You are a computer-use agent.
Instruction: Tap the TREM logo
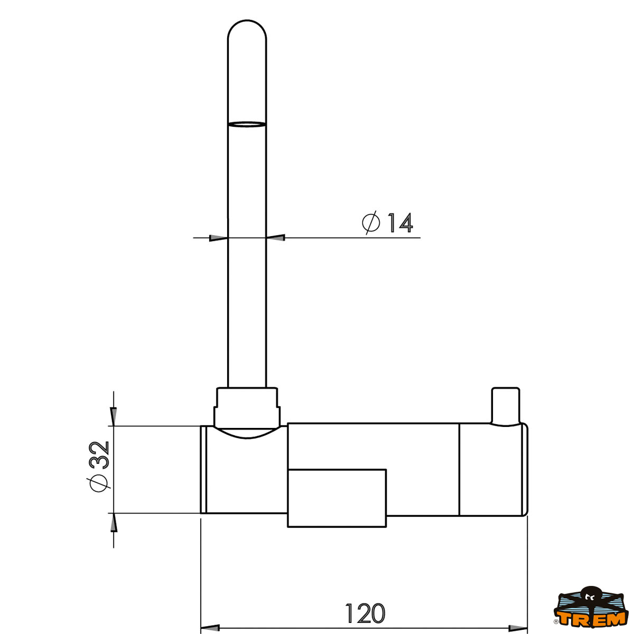coord(591,610)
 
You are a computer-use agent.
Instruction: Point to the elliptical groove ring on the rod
coord(247,125)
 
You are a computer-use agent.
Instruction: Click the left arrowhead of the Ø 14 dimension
coord(218,238)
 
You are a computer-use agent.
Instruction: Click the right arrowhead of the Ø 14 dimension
coord(276,238)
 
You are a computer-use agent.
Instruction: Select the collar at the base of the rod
coord(246,407)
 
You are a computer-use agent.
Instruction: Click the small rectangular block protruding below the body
coord(337,498)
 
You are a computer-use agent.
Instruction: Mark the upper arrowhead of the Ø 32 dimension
coord(113,416)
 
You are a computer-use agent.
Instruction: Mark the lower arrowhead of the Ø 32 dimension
coord(113,523)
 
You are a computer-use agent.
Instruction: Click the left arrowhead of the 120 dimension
coord(210,628)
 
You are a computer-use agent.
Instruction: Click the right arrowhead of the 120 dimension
coord(518,628)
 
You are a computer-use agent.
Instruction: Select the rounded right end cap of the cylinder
coord(524,469)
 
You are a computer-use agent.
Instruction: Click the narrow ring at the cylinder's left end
coord(203,469)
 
